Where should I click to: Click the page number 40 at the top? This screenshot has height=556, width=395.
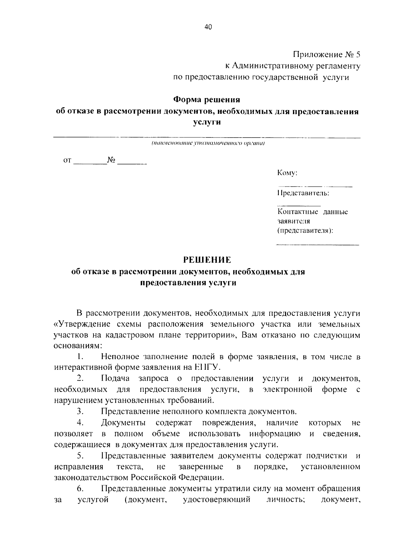pyautogui.click(x=208, y=28)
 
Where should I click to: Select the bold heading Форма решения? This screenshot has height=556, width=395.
pyautogui.click(x=207, y=99)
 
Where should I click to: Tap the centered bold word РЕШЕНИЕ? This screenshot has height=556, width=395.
pyautogui.click(x=207, y=260)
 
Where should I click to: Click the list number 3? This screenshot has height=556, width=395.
pyautogui.click(x=80, y=412)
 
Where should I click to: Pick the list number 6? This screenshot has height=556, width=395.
pyautogui.click(x=80, y=489)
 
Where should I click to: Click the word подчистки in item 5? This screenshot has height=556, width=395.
pyautogui.click(x=327, y=456)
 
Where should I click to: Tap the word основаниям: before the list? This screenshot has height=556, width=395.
pyautogui.click(x=78, y=346)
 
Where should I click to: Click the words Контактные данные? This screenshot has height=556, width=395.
pyautogui.click(x=312, y=212)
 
